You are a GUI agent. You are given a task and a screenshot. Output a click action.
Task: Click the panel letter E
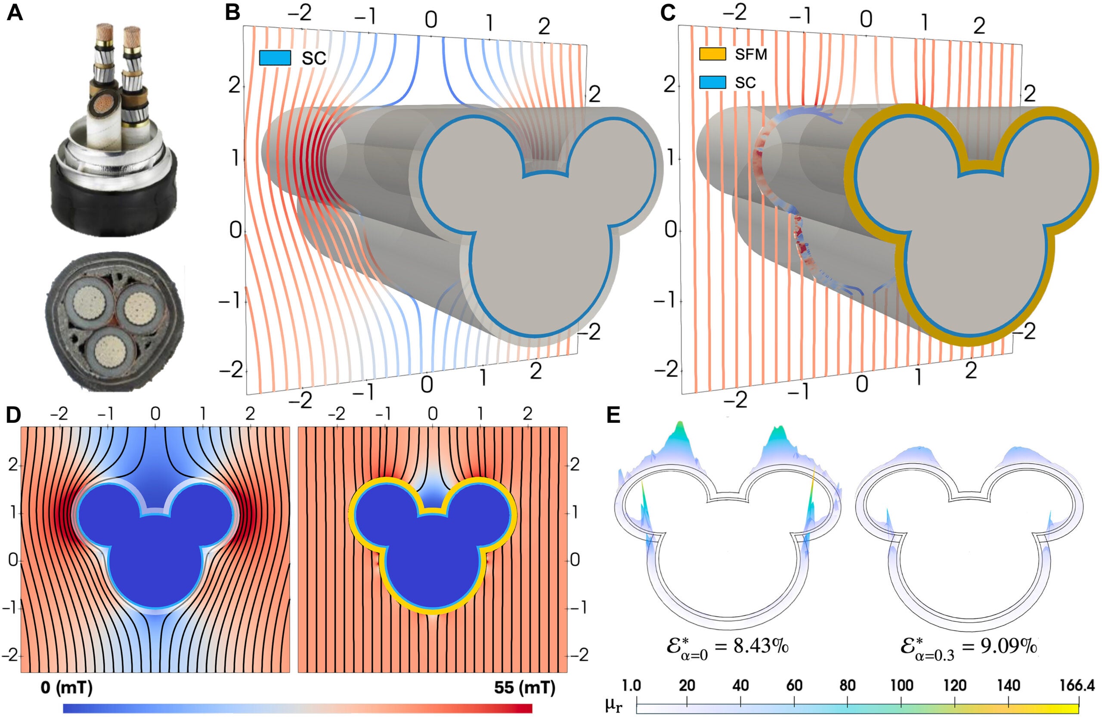(x=613, y=416)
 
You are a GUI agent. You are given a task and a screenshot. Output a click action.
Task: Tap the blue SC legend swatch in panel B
(x=275, y=58)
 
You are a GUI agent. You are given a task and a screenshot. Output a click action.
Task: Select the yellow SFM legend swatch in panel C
(x=712, y=54)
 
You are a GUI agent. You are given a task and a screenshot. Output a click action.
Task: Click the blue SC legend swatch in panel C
(x=712, y=82)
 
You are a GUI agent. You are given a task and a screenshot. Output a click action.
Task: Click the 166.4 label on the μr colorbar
(x=1077, y=686)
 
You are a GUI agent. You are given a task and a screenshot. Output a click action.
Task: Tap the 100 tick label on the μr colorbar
(x=901, y=686)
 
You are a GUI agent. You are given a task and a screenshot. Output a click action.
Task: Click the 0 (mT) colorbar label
(x=66, y=687)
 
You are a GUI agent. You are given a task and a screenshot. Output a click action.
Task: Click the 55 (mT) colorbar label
(x=524, y=687)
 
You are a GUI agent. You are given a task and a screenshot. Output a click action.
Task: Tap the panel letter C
(x=667, y=13)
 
